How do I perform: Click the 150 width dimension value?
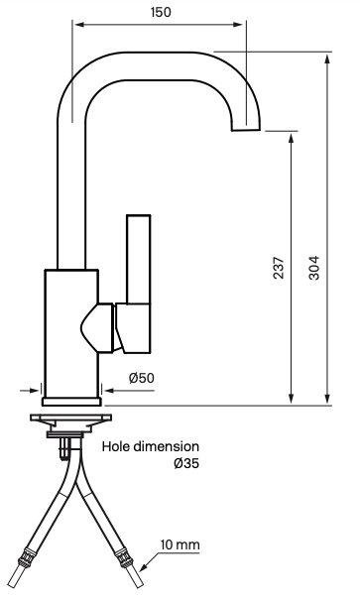click(160, 12)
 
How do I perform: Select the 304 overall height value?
click(313, 269)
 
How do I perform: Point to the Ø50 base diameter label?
click(143, 377)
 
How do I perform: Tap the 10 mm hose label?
click(180, 545)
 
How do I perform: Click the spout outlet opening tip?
click(245, 129)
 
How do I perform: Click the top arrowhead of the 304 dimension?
click(327, 60)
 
